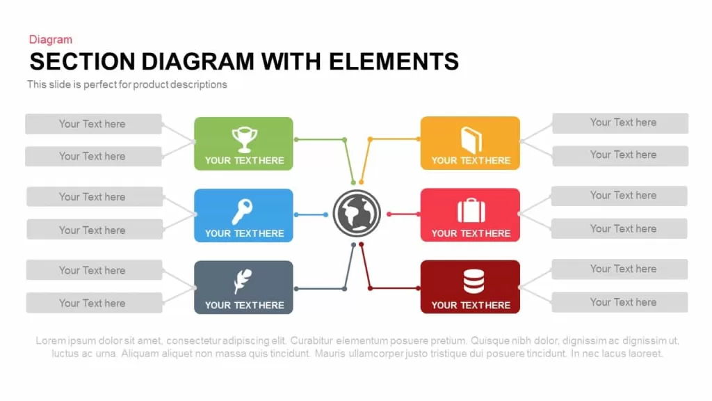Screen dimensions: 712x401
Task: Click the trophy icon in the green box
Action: click(x=244, y=139)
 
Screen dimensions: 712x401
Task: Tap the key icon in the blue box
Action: click(x=242, y=212)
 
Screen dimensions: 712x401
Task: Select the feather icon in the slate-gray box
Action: click(x=243, y=281)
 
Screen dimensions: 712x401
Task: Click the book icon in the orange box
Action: click(x=471, y=140)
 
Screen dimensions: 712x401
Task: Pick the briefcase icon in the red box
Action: click(x=471, y=210)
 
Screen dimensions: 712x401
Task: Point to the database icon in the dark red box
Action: click(x=474, y=281)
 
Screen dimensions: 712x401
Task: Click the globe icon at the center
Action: click(x=357, y=213)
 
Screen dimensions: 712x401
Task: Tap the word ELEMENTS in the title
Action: click(x=394, y=61)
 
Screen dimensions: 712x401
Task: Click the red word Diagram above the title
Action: click(x=50, y=40)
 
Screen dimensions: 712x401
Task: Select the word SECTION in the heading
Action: click(x=83, y=61)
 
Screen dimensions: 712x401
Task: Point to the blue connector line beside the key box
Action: click(x=311, y=214)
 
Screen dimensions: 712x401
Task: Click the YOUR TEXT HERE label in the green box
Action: click(x=244, y=161)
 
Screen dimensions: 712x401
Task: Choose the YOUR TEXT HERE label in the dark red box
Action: click(x=471, y=305)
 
